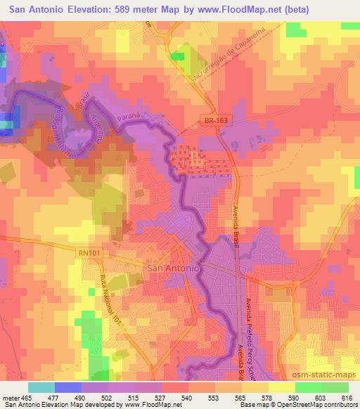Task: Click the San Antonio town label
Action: tap(173, 268)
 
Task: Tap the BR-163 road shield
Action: tap(207, 121)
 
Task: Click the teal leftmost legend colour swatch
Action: tap(41, 387)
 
